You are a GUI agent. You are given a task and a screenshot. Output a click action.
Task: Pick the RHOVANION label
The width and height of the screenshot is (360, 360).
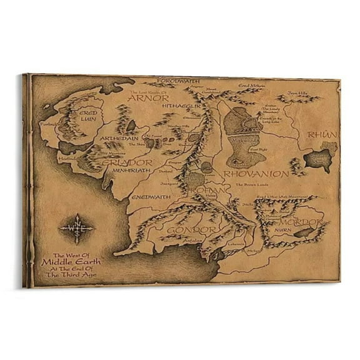tap(256, 174)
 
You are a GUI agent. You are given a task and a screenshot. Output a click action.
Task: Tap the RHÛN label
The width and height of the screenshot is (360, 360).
tap(327, 135)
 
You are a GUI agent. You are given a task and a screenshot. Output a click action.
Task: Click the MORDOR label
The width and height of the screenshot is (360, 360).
tap(303, 222)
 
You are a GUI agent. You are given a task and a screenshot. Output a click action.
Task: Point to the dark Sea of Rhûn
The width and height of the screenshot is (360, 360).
tap(317, 160)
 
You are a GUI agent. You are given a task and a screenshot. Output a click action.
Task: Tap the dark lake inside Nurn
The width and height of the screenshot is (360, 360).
tap(303, 233)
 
